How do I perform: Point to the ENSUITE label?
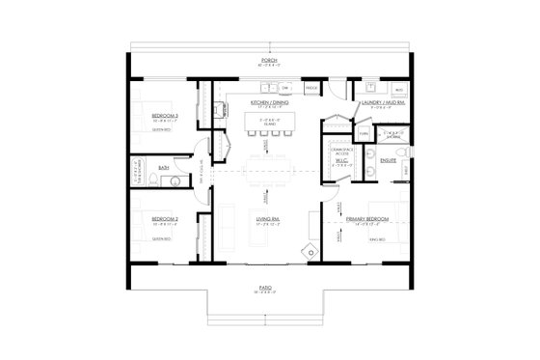(x=389, y=160)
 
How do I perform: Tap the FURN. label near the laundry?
(x=363, y=135)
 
